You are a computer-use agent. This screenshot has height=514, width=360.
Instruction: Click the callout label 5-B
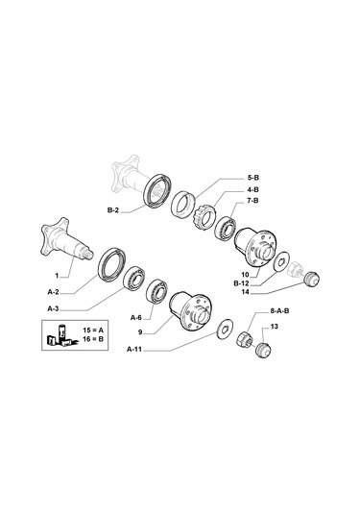(x=252, y=178)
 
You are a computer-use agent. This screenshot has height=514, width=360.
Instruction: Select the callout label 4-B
(x=252, y=189)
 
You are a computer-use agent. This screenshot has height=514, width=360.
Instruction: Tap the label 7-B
(x=252, y=200)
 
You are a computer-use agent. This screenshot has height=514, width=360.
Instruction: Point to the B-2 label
(x=113, y=210)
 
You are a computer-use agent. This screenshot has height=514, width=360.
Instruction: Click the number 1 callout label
(x=57, y=276)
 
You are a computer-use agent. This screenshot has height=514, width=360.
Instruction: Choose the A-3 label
(x=54, y=308)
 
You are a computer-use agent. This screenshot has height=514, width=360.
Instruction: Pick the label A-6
(x=136, y=318)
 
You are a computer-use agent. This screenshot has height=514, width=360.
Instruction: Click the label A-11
(x=134, y=350)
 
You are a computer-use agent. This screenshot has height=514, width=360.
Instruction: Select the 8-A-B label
(x=279, y=310)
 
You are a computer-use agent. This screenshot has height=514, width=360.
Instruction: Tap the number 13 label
(x=275, y=327)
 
